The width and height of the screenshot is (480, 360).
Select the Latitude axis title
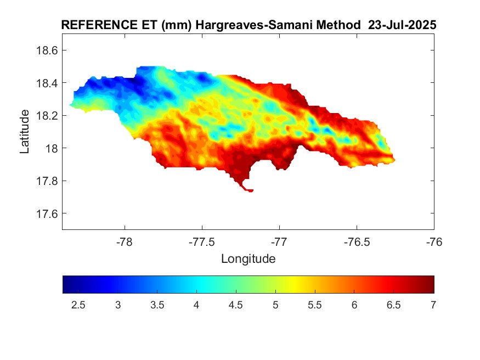pyautogui.click(x=25, y=132)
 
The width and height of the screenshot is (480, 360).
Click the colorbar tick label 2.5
pyautogui.click(x=78, y=305)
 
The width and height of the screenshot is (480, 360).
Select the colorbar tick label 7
pyautogui.click(x=433, y=305)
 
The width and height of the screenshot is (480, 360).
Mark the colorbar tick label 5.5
pyautogui.click(x=314, y=305)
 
